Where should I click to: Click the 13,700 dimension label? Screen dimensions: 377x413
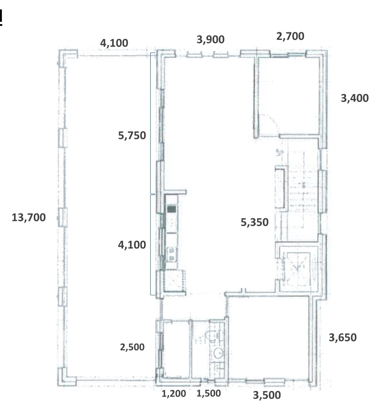pyautogui.click(x=29, y=218)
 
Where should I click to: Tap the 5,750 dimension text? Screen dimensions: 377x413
pyautogui.click(x=132, y=135)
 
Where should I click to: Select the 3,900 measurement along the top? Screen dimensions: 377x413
pyautogui.click(x=210, y=40)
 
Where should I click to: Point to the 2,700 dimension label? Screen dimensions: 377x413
pyautogui.click(x=290, y=36)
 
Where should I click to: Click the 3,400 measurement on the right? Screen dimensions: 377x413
pyautogui.click(x=355, y=98)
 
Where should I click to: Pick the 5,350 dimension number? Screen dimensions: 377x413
pyautogui.click(x=255, y=222)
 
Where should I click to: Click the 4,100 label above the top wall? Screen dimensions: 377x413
pyautogui.click(x=114, y=43)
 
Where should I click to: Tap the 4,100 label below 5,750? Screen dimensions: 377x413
pyautogui.click(x=132, y=245)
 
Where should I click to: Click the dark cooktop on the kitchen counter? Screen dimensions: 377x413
pyautogui.click(x=171, y=209)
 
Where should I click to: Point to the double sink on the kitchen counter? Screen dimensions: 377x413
pyautogui.click(x=172, y=255)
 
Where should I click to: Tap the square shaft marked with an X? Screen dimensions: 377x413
pyautogui.click(x=296, y=269)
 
